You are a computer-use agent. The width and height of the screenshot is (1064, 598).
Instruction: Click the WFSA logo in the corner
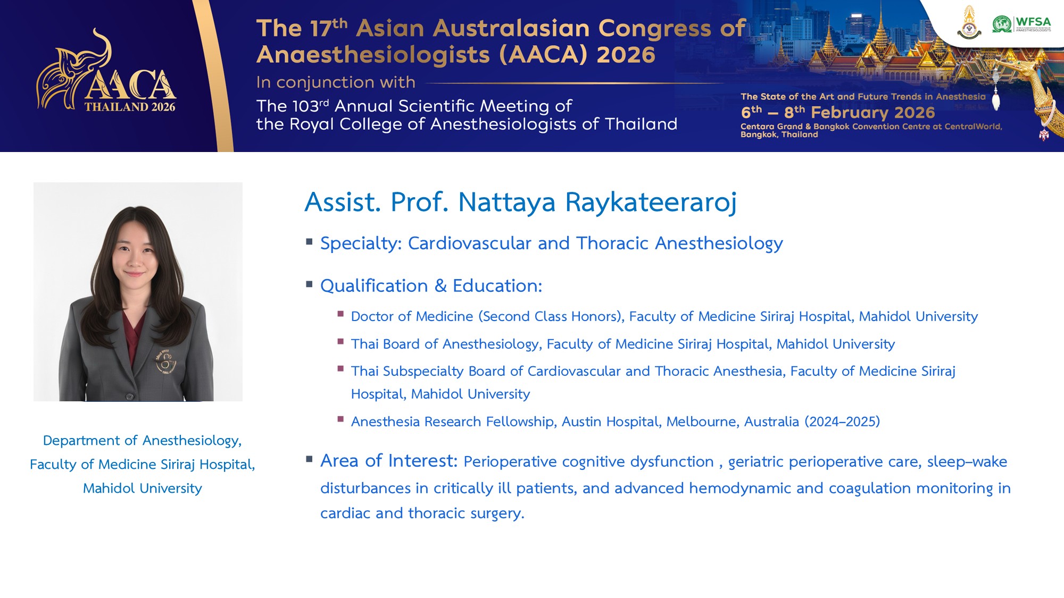1021,24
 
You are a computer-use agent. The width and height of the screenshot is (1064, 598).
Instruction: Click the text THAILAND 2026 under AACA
130,107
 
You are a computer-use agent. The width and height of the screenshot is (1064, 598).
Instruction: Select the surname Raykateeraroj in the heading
651,203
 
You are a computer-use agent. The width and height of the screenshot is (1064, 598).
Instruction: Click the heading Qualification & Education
431,286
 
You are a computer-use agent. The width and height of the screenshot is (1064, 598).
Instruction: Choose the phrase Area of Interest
389,460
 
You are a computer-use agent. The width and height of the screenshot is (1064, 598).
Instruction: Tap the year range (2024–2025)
842,422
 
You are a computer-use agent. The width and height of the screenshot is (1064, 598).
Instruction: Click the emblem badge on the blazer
166,363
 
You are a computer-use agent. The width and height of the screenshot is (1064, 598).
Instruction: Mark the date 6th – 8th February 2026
838,112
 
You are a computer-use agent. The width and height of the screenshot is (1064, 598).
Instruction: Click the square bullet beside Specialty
309,241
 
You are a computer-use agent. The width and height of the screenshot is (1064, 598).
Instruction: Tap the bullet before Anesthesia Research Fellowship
340,419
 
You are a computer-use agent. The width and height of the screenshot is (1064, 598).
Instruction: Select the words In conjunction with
336,82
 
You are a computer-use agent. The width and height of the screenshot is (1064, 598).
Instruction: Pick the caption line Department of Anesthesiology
143,441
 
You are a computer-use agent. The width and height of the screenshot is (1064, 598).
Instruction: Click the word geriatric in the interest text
756,462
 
